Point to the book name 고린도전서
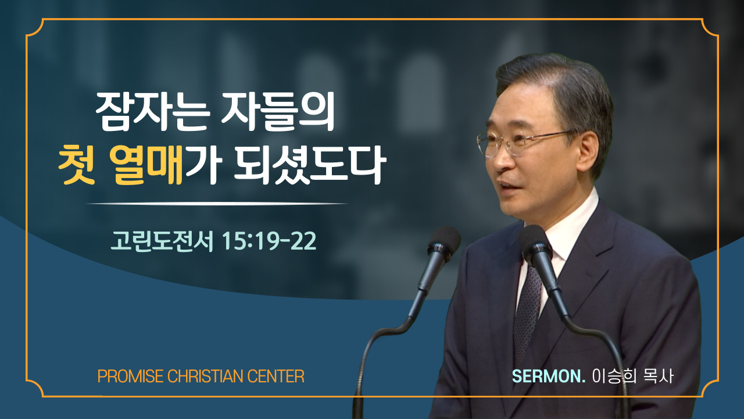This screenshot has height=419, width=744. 162,241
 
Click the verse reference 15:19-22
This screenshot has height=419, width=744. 269,241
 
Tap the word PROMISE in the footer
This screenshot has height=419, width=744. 130,377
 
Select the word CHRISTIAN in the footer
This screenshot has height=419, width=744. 206,377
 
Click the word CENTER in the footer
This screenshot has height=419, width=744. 276,377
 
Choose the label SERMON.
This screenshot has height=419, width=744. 548,377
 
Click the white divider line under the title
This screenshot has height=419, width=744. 217,204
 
